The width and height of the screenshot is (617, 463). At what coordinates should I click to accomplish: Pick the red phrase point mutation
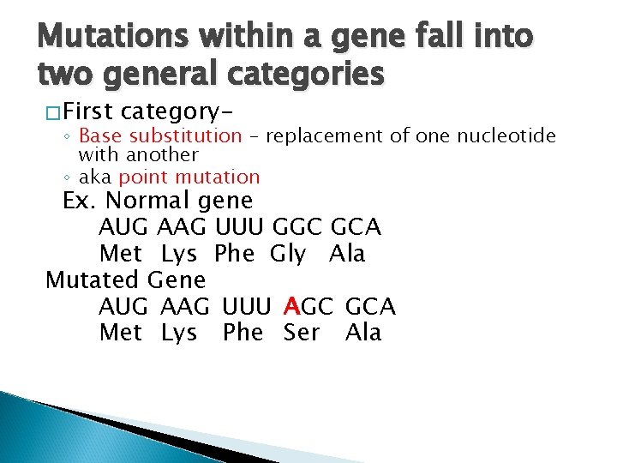pos(189,177)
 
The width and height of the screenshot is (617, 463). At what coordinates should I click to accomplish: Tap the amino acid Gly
pos(288,255)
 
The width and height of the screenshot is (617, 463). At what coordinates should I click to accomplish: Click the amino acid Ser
pos(302,333)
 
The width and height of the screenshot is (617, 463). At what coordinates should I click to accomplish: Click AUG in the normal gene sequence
pos(123,228)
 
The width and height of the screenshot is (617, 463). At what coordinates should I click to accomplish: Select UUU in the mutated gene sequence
pos(249,307)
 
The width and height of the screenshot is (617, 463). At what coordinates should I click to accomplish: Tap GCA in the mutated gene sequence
pos(370,307)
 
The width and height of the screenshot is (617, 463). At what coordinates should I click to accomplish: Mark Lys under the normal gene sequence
pos(179,255)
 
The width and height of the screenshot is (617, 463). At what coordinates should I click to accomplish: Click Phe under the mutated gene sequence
pos(243,333)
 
